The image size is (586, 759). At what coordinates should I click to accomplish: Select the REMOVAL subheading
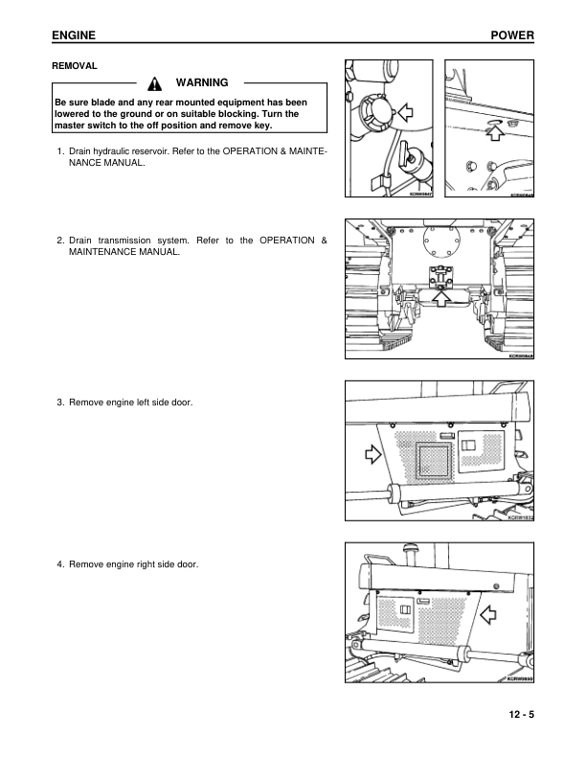pyautogui.click(x=75, y=66)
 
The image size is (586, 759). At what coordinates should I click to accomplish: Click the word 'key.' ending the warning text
pyautogui.click(x=261, y=125)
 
